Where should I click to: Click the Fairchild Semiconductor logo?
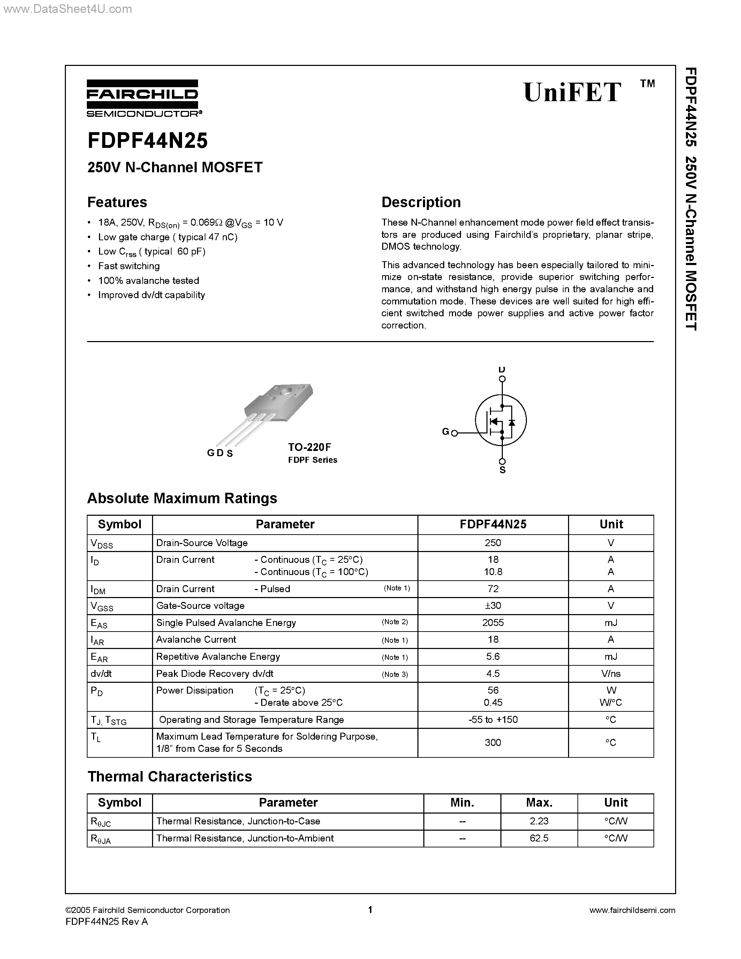[x=143, y=98]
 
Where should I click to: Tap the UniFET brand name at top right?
[x=573, y=93]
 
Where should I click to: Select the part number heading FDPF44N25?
[x=148, y=141]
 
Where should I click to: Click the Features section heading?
[x=117, y=202]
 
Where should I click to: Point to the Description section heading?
[x=421, y=202]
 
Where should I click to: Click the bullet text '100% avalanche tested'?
[x=149, y=281]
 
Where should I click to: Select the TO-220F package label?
[x=310, y=447]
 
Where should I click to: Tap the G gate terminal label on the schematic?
[x=445, y=432]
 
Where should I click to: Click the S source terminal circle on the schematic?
[x=502, y=461]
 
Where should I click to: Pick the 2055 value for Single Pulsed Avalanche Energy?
[x=493, y=622]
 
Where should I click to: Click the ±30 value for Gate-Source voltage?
[x=493, y=605]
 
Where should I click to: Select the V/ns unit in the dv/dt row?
[x=611, y=674]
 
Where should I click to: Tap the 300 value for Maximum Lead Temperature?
[x=493, y=742]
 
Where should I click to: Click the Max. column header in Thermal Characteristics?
[x=539, y=803]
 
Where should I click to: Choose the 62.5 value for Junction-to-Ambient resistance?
[x=539, y=838]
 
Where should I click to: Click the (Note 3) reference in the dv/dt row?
[x=395, y=674]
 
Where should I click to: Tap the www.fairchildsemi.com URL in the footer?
[x=632, y=910]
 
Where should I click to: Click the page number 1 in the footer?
[x=370, y=910]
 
